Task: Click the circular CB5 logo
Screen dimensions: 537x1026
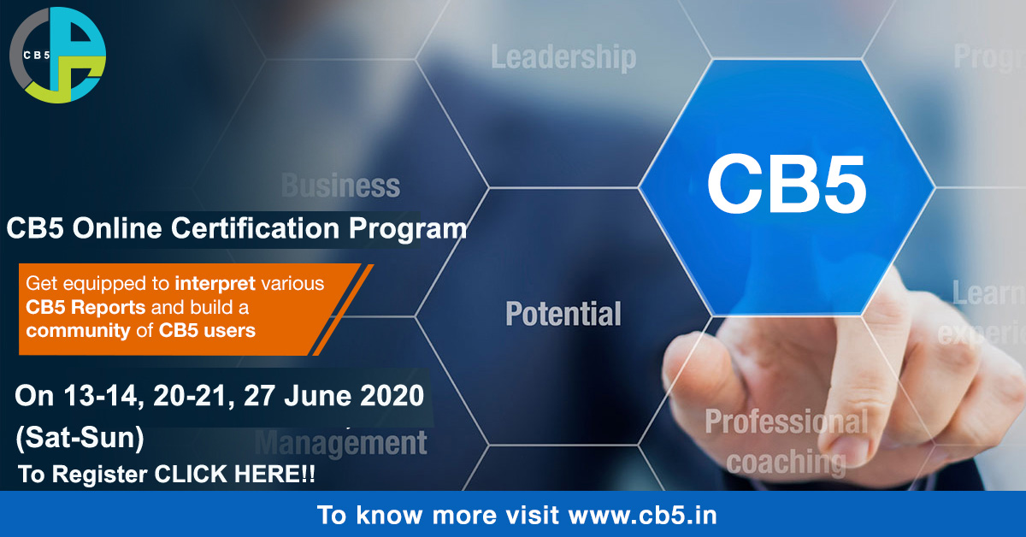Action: pos(57,55)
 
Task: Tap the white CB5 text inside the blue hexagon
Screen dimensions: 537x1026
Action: pos(786,186)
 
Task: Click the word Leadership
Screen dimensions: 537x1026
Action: pos(563,57)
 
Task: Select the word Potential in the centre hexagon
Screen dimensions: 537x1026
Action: pos(563,313)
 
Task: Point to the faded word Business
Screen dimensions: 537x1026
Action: pos(340,185)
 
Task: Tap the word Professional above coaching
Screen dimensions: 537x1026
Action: pos(785,422)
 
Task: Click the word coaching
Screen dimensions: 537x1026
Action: pos(785,462)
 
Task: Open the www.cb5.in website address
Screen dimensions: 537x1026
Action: pos(641,516)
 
